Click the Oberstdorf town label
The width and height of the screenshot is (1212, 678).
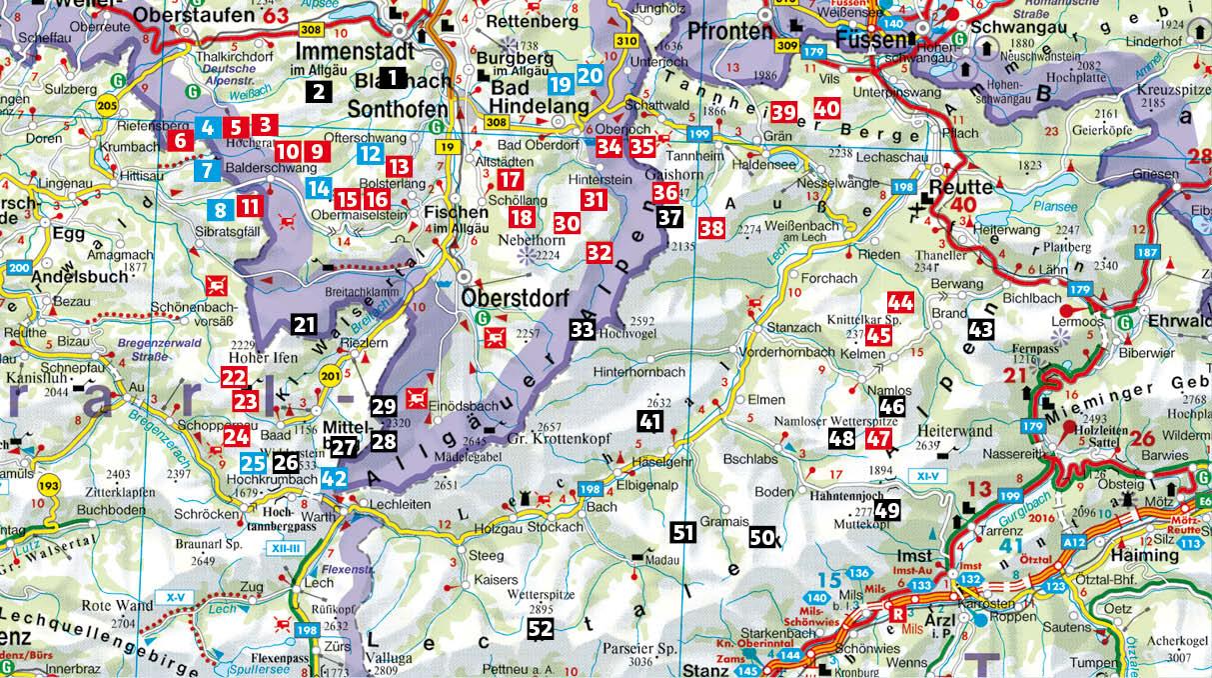tap(513, 298)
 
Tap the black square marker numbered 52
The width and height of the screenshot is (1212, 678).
tap(540, 629)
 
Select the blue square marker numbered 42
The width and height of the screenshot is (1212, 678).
tap(335, 478)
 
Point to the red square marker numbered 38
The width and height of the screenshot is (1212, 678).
tap(711, 227)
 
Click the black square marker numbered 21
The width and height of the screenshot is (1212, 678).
tap(305, 323)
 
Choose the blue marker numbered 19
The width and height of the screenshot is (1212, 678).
tap(560, 84)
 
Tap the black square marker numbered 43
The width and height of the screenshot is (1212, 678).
tap(981, 328)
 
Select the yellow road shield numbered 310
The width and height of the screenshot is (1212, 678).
tap(626, 41)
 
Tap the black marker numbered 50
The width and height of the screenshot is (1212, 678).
tap(761, 536)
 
